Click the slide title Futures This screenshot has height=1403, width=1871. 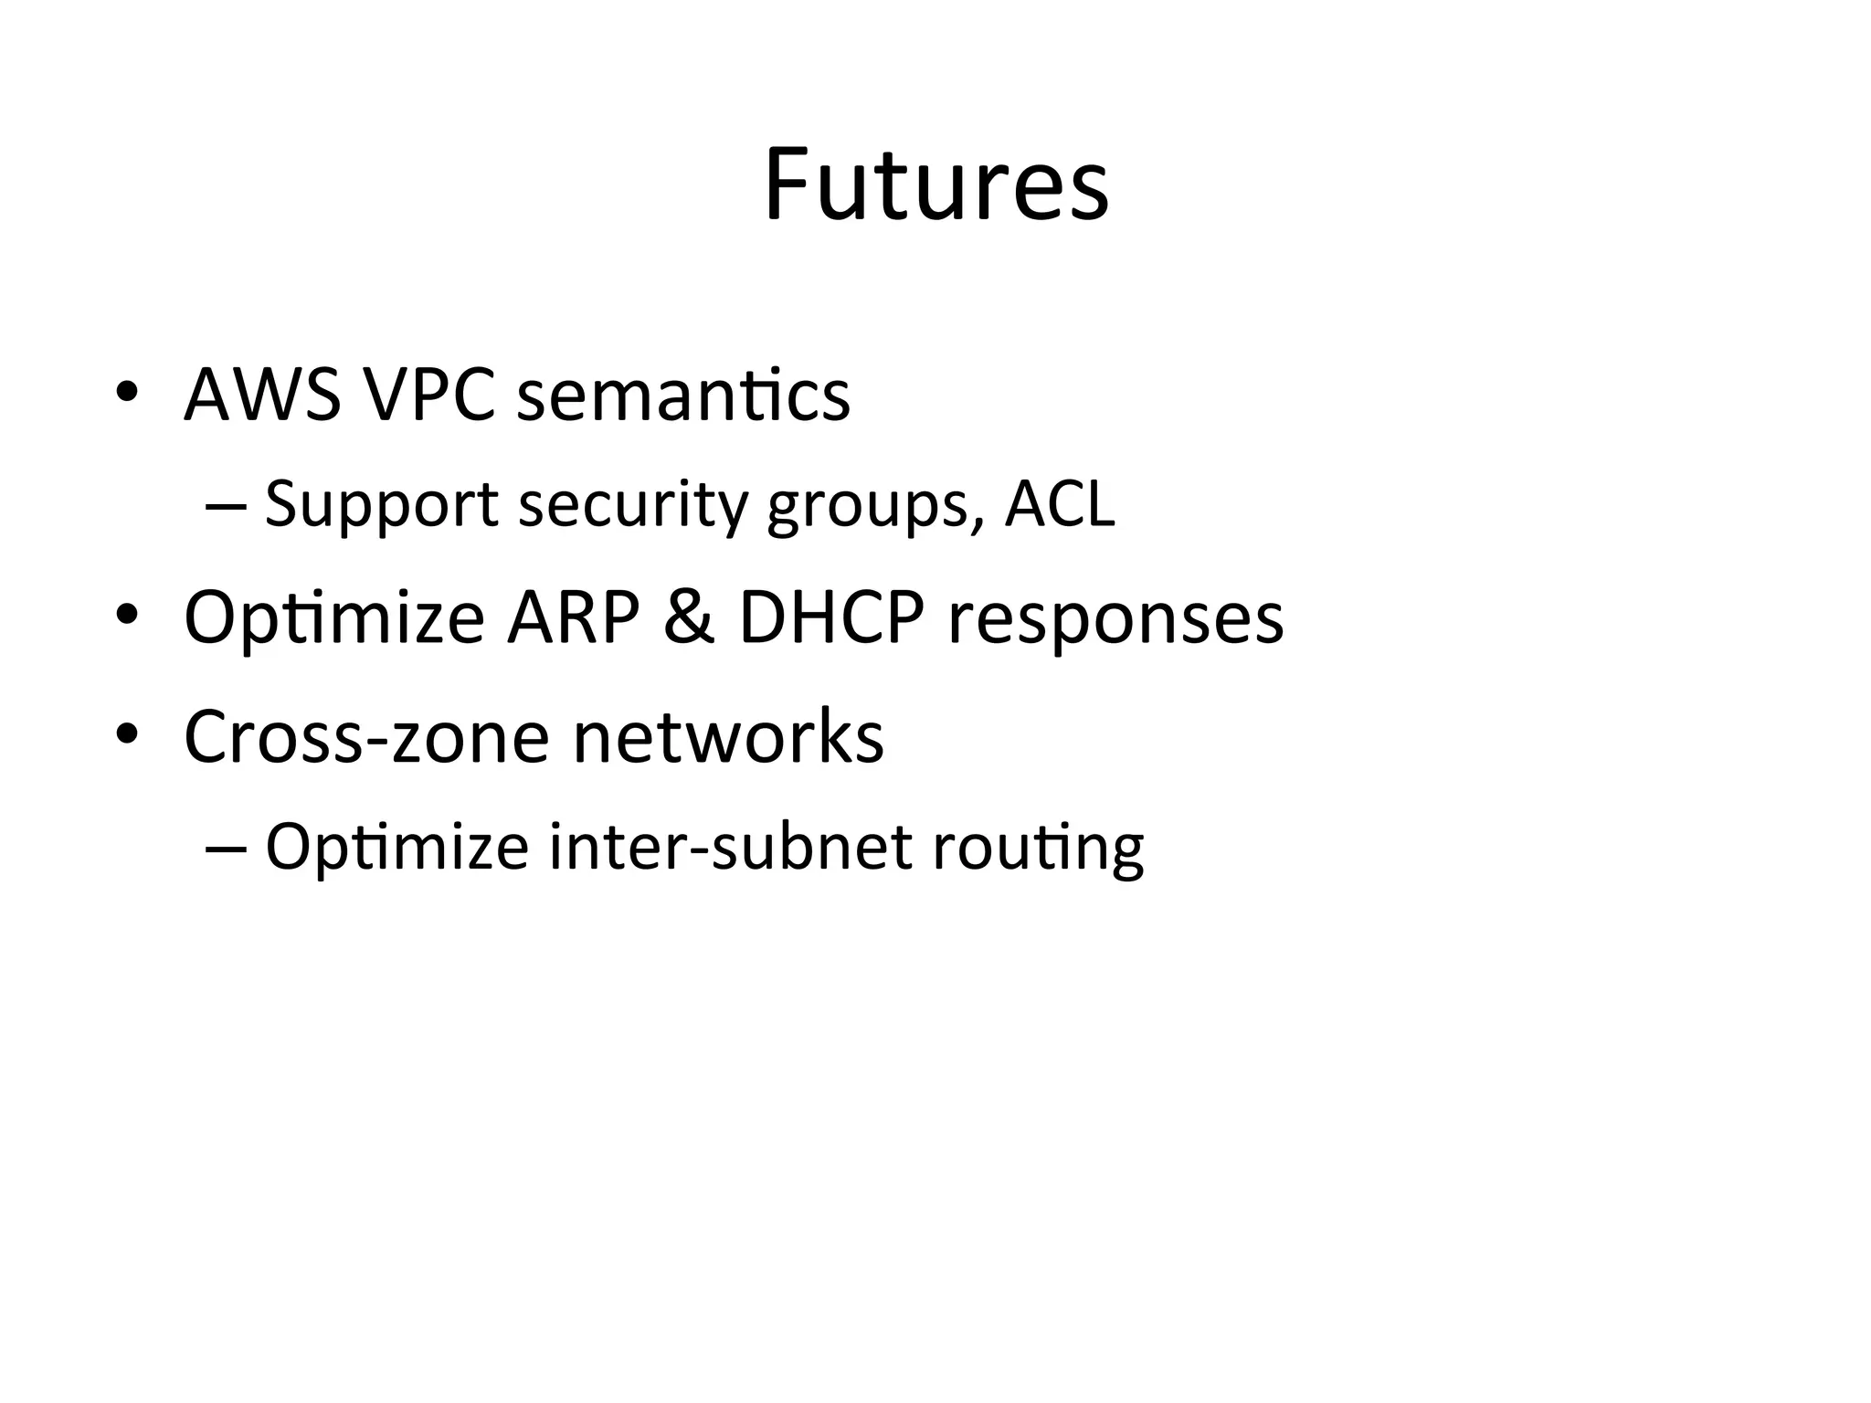[935, 185]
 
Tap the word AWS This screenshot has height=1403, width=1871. [262, 396]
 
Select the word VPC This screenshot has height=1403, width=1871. [428, 396]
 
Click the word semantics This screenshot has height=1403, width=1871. [682, 397]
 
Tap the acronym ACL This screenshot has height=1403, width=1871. [1060, 503]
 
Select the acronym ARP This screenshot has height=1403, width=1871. [573, 618]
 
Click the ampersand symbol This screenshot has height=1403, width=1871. [689, 618]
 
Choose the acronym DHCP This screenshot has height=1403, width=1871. [830, 618]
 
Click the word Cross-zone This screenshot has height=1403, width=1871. [365, 736]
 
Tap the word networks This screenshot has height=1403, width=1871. [728, 736]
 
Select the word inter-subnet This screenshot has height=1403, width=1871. [730, 847]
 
